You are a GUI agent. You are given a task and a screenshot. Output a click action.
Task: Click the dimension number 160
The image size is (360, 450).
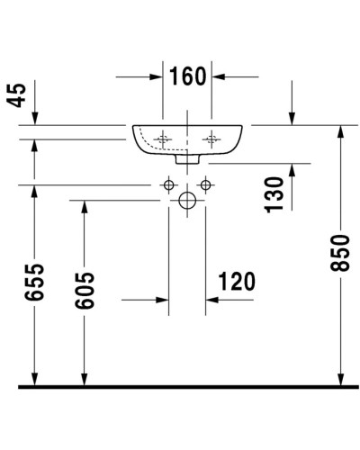point(186,77)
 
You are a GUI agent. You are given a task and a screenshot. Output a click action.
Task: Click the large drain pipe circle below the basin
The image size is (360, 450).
point(187,202)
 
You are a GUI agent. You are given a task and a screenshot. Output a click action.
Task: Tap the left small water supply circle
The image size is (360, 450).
point(167,186)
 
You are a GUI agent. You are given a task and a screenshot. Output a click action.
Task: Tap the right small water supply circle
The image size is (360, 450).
point(207,186)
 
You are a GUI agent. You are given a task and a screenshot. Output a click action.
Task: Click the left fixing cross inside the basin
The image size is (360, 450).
point(163,139)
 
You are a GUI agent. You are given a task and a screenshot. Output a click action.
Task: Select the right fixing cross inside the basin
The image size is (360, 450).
point(212,139)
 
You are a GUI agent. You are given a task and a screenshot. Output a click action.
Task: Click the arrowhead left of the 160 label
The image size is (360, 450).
point(156,77)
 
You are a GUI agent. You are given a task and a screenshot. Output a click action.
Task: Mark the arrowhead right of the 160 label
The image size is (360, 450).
point(219,77)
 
